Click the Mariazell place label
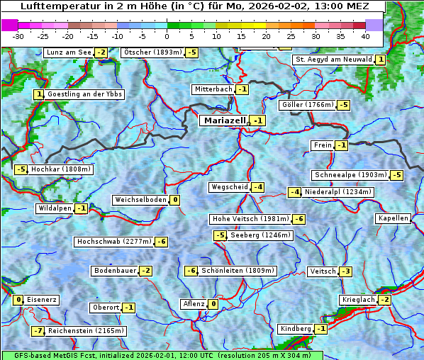tap(224, 120)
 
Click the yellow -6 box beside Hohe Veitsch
tap(299, 219)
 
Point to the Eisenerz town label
tap(42, 300)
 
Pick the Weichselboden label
tap(141, 200)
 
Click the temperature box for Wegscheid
tap(258, 187)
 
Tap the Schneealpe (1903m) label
tap(351, 175)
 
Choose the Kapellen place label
tap(394, 218)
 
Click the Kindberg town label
tap(296, 329)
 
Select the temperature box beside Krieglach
tap(384, 300)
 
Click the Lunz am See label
tap(69, 52)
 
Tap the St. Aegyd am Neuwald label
tap(333, 60)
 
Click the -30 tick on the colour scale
tap(18, 36)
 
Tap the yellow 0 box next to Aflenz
tap(213, 304)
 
